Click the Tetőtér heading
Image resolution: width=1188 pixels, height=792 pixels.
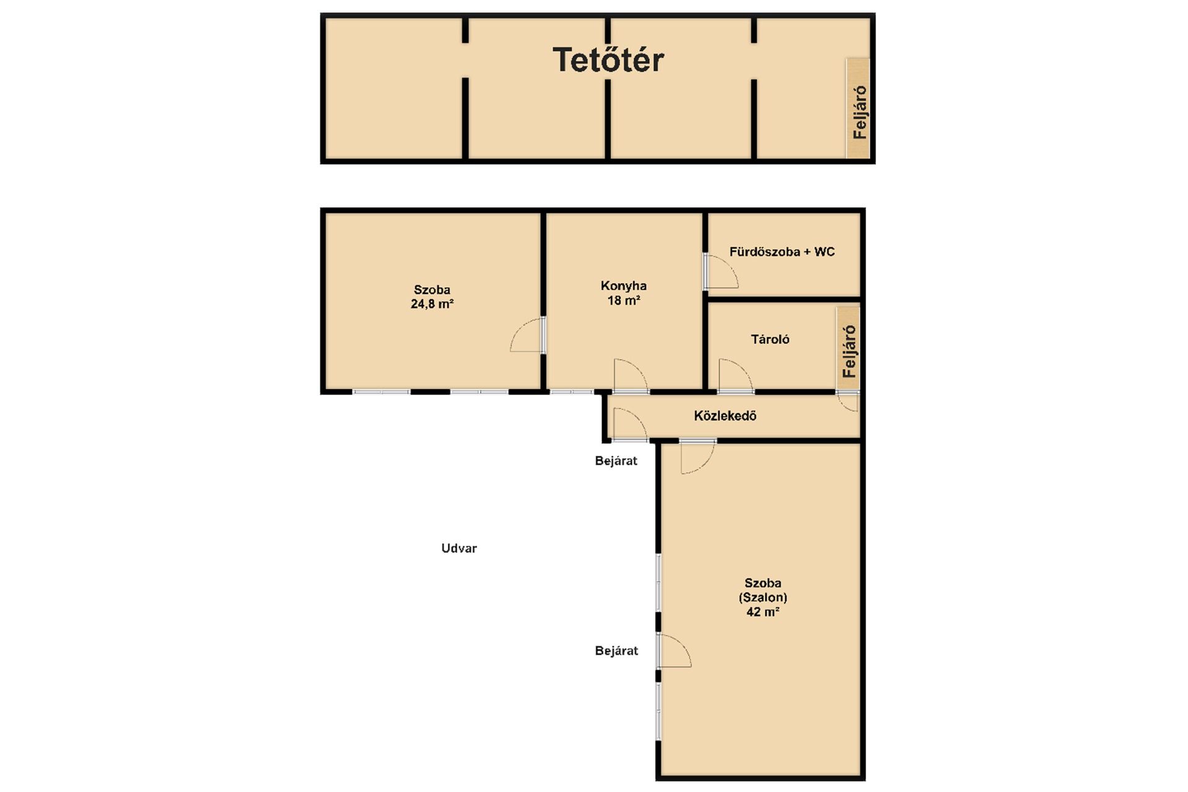[608, 60]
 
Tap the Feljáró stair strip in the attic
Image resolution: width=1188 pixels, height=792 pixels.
[858, 108]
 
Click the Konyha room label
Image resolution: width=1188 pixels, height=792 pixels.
[624, 286]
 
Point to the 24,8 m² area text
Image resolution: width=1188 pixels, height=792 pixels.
[432, 304]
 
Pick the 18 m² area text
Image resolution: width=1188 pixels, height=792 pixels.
[624, 301]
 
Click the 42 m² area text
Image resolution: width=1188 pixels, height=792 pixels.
[763, 612]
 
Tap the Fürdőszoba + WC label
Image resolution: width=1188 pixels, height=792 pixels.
[782, 252]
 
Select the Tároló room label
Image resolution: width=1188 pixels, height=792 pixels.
[770, 339]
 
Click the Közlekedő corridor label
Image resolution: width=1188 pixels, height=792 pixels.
[725, 416]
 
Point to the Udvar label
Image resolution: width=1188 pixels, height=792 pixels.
[459, 548]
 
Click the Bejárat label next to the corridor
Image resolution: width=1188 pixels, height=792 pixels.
[616, 461]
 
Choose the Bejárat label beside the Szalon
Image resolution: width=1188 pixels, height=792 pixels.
[616, 651]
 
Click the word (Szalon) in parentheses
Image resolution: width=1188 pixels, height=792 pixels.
[763, 598]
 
